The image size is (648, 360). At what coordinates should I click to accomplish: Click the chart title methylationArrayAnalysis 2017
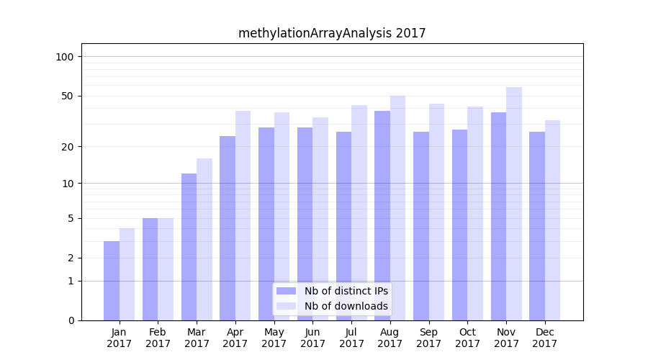point(332,33)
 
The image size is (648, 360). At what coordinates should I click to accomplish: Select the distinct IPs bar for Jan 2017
point(112,281)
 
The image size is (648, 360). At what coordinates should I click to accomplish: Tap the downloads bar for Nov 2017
point(514,204)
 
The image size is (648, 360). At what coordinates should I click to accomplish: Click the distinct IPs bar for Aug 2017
point(382,215)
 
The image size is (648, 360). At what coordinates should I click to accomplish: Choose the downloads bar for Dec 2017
point(552,220)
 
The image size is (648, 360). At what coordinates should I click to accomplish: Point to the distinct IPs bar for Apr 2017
point(228,228)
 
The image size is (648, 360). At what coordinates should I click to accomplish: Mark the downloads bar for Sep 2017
point(436,212)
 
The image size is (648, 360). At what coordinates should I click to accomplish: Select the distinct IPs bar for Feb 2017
point(150,269)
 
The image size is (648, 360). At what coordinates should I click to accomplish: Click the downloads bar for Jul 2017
point(359,212)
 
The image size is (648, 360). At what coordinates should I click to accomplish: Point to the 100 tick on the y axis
point(64,57)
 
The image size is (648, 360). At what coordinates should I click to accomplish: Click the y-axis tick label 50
point(67,96)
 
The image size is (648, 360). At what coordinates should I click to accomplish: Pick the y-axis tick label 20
point(67,147)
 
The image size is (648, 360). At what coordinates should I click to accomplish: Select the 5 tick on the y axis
point(70,218)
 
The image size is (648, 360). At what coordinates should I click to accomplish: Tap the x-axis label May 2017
point(274,338)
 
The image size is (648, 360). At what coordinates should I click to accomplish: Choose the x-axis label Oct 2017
point(467,338)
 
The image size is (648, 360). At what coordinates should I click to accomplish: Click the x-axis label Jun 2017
point(312,338)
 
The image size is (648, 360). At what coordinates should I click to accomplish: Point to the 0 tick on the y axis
point(70,320)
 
